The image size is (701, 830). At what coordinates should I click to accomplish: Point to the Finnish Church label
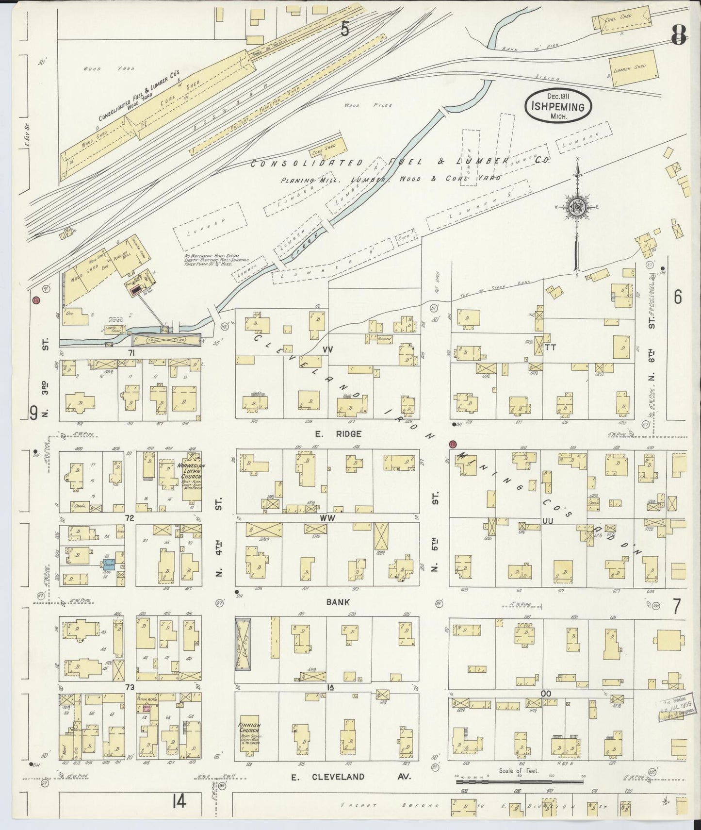(x=249, y=730)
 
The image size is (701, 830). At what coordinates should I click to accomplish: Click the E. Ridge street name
(x=345, y=433)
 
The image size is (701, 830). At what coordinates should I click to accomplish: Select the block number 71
(x=130, y=351)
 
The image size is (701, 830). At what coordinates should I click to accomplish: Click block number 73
(x=129, y=688)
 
